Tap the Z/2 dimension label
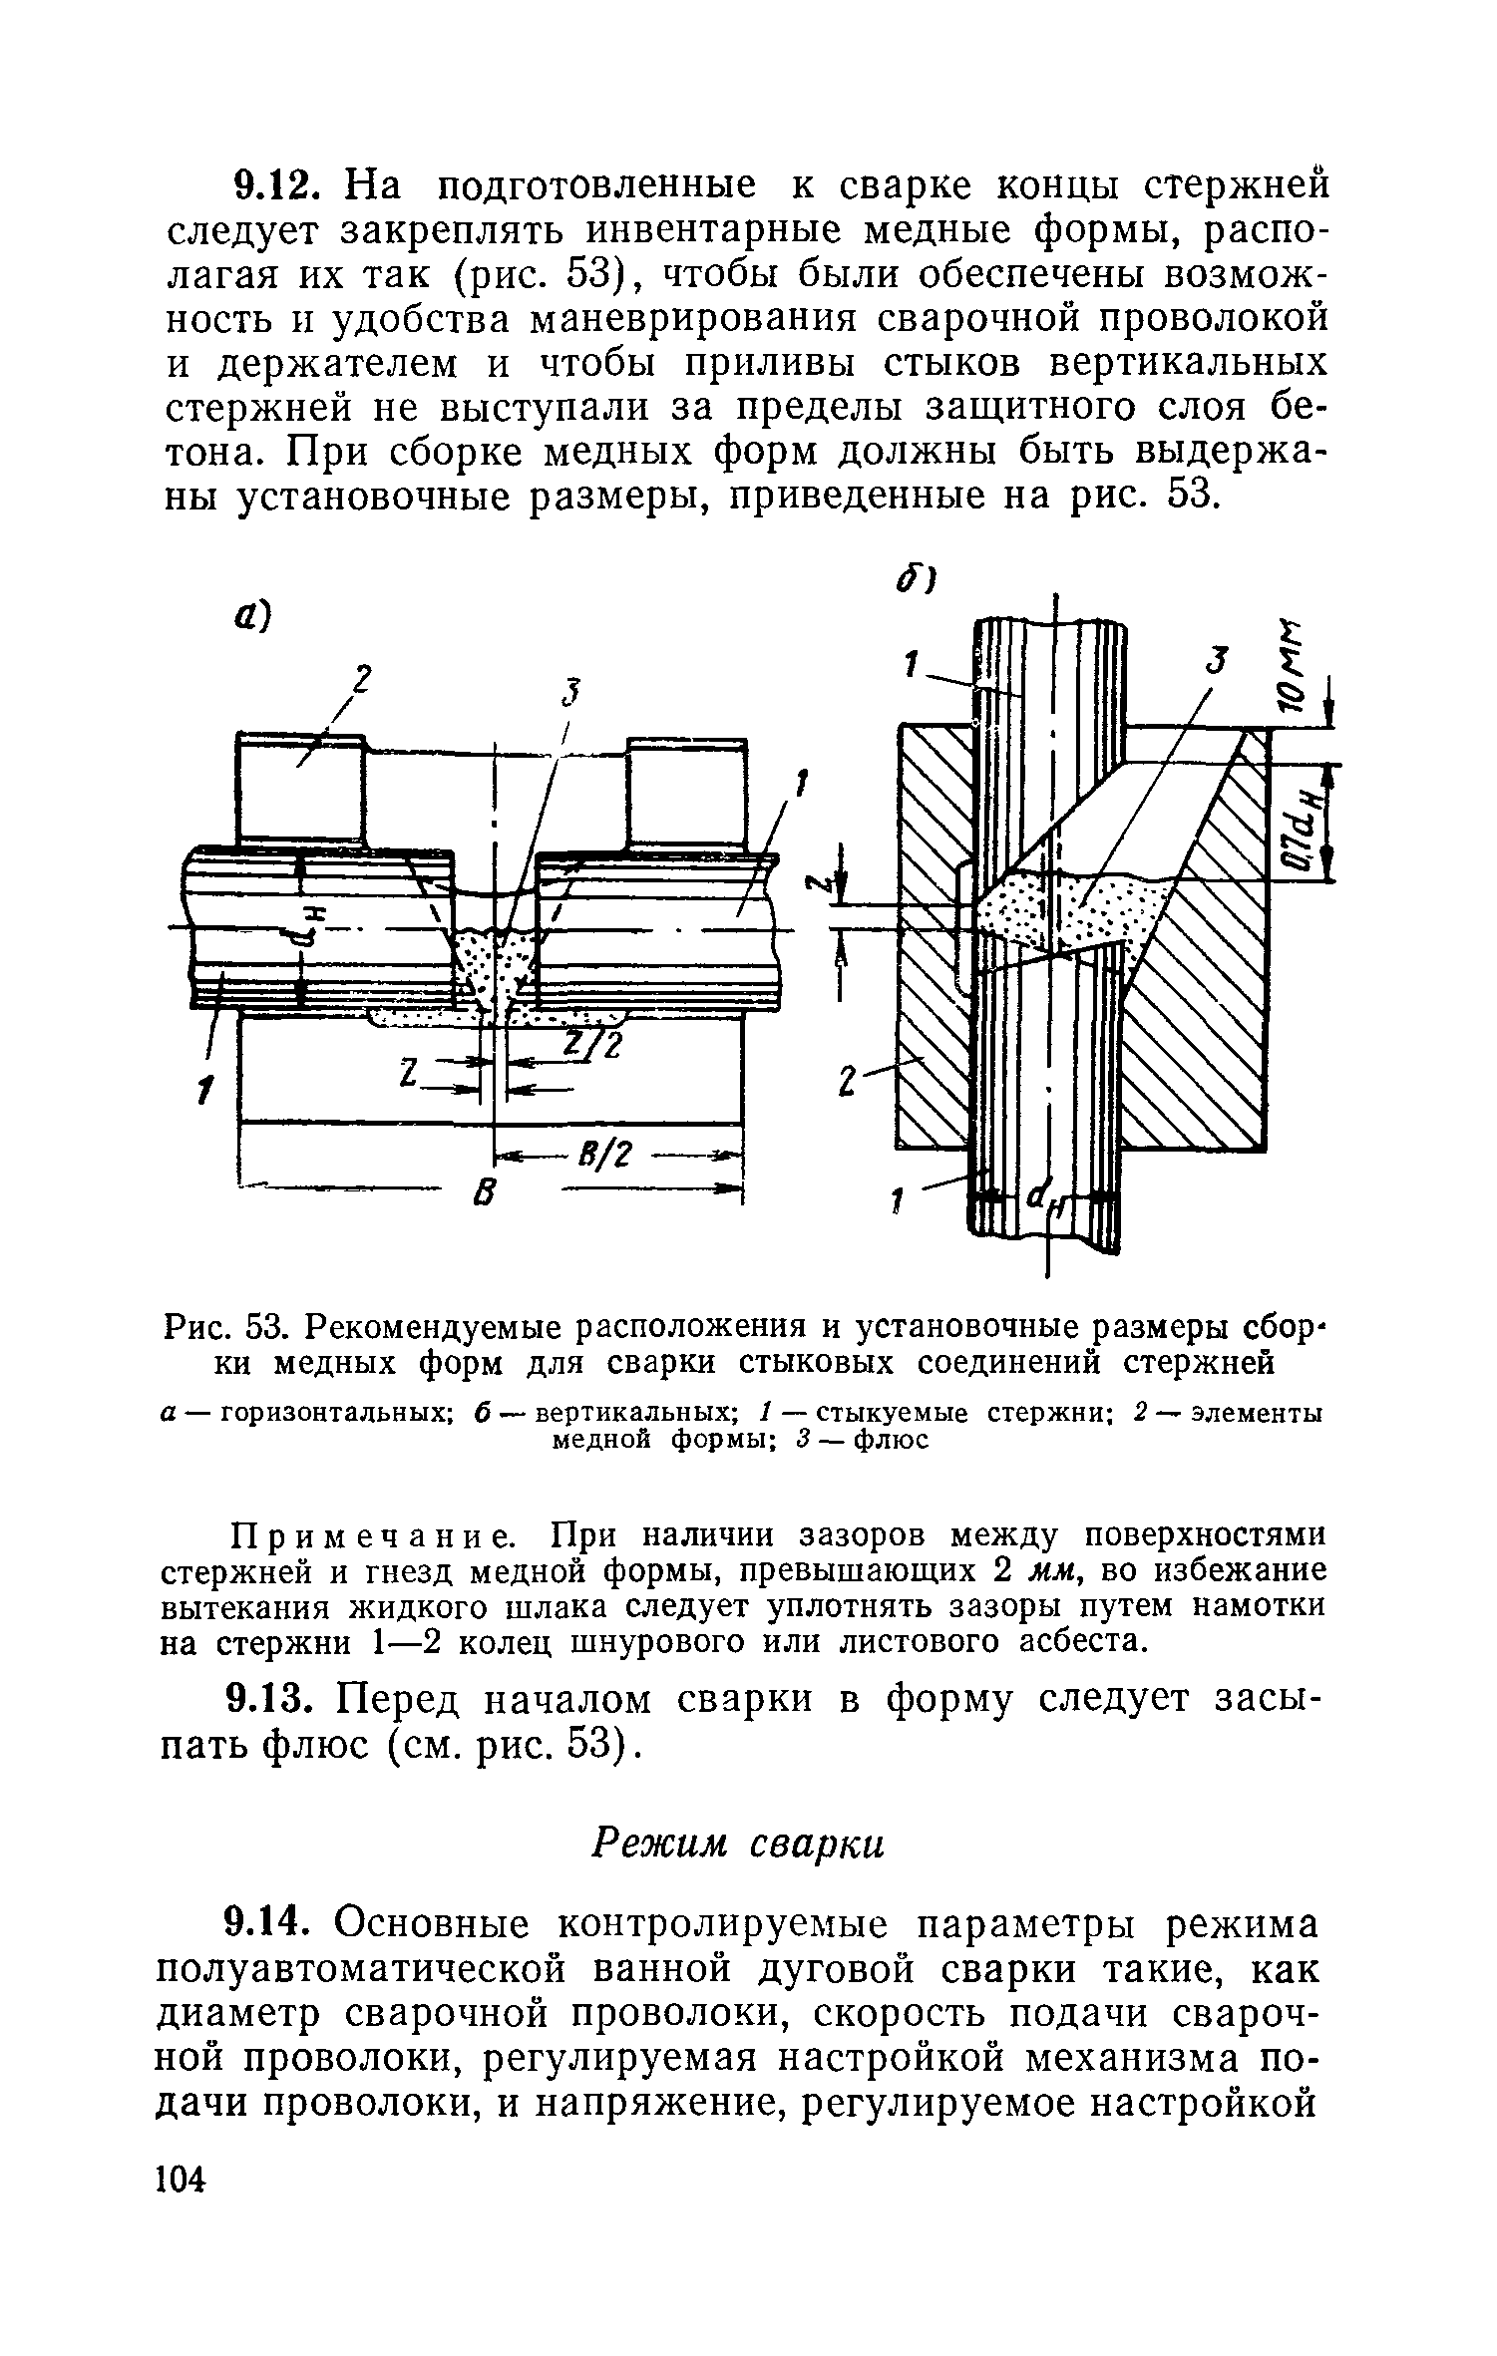(x=594, y=1046)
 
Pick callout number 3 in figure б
(x=1214, y=662)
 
